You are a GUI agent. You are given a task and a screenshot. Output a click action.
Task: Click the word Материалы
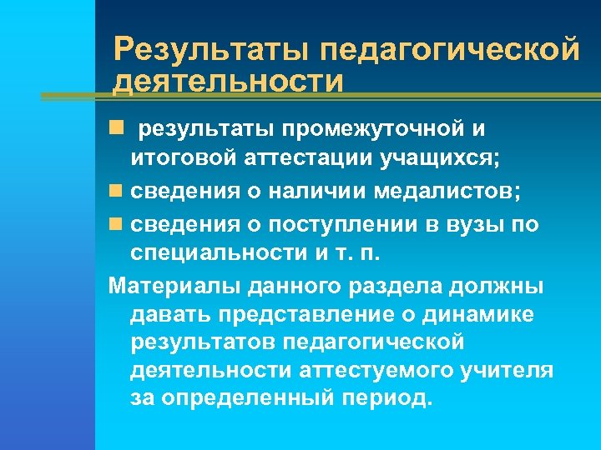pyautogui.click(x=175, y=286)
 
